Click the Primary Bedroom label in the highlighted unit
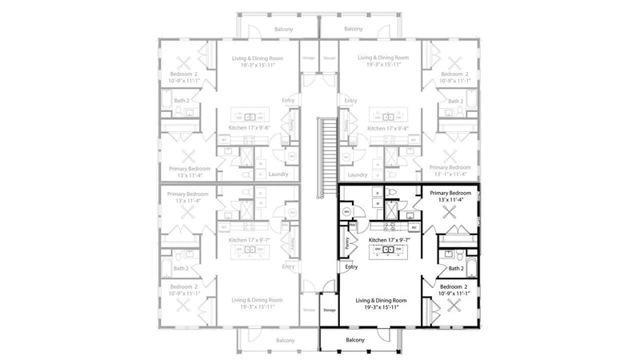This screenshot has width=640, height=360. click(450, 193)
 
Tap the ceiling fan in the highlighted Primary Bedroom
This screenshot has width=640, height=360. click(451, 213)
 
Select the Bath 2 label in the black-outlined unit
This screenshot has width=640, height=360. click(455, 270)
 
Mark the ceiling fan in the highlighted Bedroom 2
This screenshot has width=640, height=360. click(457, 305)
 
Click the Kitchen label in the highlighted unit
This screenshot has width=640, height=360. click(389, 240)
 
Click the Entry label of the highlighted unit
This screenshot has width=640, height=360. click(350, 267)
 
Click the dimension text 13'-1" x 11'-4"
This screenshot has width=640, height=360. click(450, 173)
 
